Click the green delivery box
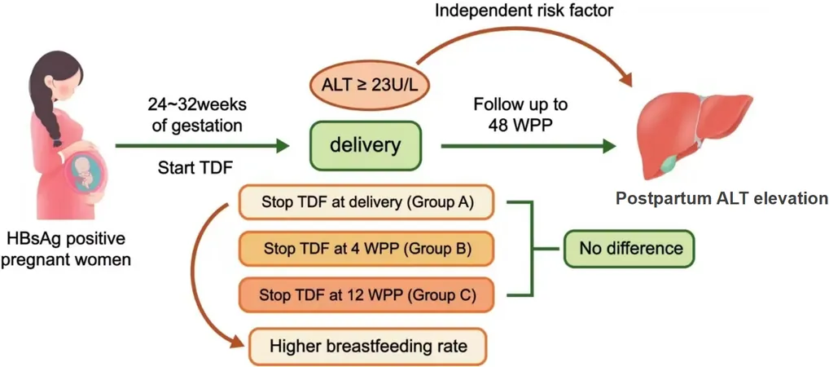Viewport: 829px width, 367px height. (x=366, y=146)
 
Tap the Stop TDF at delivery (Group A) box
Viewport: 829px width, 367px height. (x=366, y=201)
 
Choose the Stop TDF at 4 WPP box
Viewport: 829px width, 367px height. (x=366, y=248)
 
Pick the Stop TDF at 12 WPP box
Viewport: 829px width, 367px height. (x=366, y=294)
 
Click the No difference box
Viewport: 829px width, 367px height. (x=629, y=248)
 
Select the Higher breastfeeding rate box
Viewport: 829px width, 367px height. (x=368, y=347)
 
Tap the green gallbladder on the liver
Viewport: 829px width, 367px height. (x=673, y=164)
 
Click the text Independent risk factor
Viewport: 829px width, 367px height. (x=524, y=10)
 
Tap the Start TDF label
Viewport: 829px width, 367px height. (x=196, y=168)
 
